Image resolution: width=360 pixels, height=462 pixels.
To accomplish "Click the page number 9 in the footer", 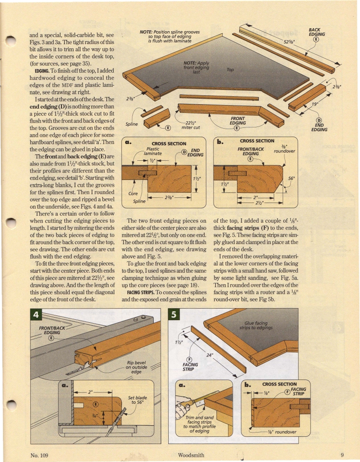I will click(342, 455).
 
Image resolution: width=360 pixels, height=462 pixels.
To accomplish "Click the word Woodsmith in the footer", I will click(191, 455).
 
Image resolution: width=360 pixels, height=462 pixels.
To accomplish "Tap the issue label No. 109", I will click(41, 455).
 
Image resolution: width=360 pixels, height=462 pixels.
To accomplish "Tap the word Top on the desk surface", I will click(230, 70).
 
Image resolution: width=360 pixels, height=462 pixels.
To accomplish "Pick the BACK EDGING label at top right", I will click(317, 32).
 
